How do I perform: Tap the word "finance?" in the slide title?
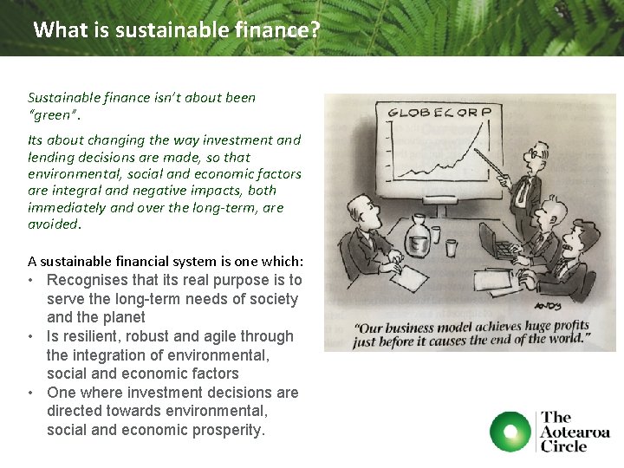tap(277, 30)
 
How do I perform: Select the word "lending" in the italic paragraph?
tap(52, 157)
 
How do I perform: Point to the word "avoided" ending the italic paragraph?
tap(53, 224)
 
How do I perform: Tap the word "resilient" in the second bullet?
tap(93, 336)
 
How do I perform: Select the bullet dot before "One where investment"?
tap(30, 393)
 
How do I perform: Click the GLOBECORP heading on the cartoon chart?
tap(439, 112)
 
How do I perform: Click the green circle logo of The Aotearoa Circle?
tap(510, 432)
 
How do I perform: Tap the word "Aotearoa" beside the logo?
tap(575, 432)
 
